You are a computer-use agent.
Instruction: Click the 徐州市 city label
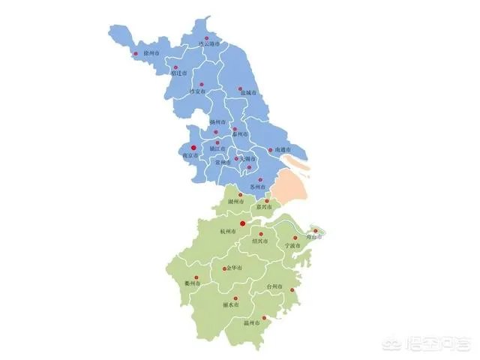pyautogui.click(x=151, y=54)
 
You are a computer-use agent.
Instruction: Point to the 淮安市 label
pyautogui.click(x=197, y=91)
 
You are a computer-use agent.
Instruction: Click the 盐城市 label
pyautogui.click(x=249, y=92)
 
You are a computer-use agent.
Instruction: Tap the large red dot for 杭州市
pyautogui.click(x=242, y=223)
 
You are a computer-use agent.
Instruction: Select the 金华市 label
pyautogui.click(x=234, y=268)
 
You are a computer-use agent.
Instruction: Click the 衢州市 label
pyautogui.click(x=193, y=283)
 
